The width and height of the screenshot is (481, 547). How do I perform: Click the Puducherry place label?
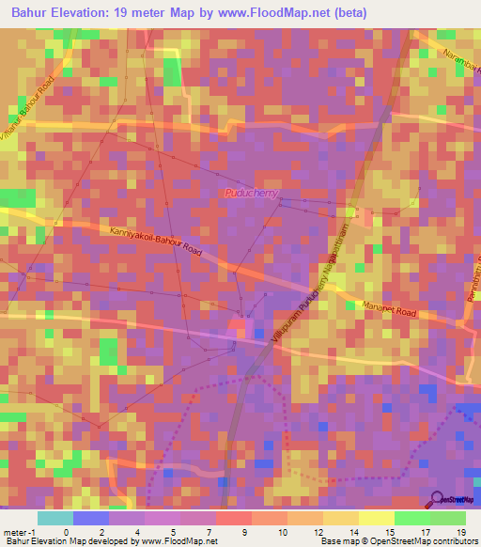coord(251,193)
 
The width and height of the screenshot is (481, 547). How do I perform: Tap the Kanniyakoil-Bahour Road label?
coord(156,240)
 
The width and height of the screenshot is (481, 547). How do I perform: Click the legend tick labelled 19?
coord(461,531)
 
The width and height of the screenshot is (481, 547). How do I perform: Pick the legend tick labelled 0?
coord(66,531)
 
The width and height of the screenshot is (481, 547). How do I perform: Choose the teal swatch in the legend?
coord(54,518)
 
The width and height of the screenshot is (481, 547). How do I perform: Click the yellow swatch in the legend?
coord(376,518)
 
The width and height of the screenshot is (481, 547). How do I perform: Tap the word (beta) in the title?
coord(349,12)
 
